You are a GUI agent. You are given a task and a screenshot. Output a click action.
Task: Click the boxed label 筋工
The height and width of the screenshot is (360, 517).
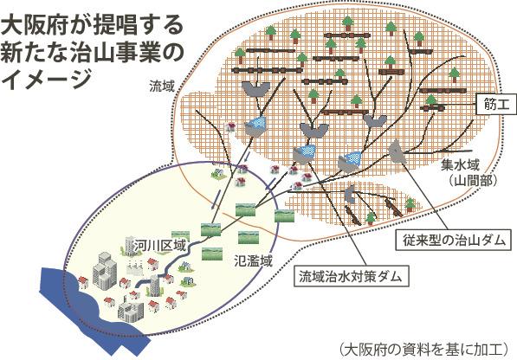coord(496,105)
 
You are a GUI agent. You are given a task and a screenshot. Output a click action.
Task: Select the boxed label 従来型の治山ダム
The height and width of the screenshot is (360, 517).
coord(454,240)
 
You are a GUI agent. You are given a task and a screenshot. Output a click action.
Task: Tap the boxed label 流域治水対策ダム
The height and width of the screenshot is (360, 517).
coord(351,276)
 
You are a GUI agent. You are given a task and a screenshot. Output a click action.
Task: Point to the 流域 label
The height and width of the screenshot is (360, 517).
coord(161,87)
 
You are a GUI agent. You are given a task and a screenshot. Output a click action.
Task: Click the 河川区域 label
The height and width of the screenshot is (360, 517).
coord(160,245)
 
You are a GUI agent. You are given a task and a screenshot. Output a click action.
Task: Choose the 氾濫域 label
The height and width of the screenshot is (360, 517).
coord(253,260)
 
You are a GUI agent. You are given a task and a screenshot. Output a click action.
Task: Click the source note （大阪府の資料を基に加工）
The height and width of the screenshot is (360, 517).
coord(423,349)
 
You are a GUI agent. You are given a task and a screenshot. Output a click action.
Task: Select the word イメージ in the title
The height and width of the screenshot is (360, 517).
coord(46,80)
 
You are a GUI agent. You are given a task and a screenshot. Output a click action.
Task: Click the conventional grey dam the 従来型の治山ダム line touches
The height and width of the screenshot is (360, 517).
coord(397,151)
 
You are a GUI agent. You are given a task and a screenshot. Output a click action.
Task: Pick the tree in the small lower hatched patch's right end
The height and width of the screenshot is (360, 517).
coord(410,204)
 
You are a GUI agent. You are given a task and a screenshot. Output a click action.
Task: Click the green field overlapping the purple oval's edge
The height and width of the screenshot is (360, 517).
coord(285,215)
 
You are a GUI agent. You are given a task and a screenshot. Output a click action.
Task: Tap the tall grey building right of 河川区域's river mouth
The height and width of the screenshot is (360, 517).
coord(155,286)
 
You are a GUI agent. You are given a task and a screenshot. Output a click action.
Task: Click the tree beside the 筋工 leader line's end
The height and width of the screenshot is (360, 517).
coord(430,101)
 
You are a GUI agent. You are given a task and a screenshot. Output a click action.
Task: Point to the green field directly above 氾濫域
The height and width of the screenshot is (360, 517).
coord(249,237)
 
